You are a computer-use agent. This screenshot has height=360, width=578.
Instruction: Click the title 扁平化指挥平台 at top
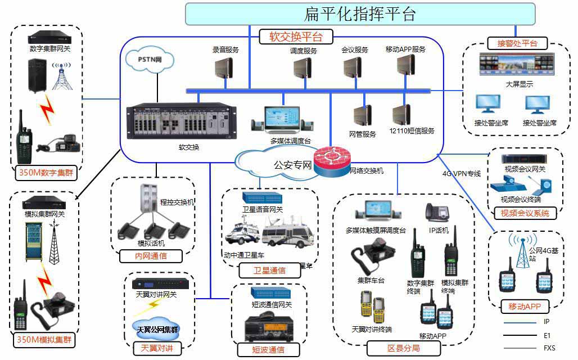tap(360, 13)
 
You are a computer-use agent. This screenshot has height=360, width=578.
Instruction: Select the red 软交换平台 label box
tap(296, 37)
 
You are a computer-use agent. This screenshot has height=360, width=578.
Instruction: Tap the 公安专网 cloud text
tap(292, 165)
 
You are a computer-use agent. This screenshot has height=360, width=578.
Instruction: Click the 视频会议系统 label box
tap(525, 213)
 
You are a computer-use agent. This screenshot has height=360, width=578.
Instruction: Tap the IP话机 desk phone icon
tap(437, 214)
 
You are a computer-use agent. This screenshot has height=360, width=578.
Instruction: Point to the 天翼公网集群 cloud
tap(157, 329)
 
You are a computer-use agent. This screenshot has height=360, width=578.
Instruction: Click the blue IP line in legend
tap(520, 322)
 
